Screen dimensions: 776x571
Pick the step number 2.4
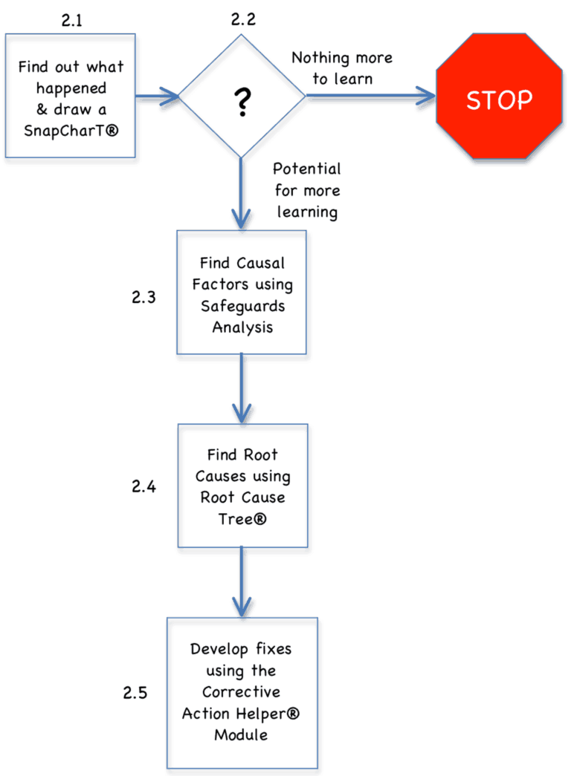pos(143,487)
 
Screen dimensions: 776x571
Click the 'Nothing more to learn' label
pos(341,68)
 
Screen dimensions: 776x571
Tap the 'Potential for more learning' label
pos(307,190)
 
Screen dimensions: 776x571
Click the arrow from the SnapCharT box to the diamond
pos(158,96)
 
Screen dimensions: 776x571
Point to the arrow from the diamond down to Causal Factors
pos(241,193)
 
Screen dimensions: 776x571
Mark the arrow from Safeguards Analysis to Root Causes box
pos(242,389)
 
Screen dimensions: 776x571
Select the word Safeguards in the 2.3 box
pos(242,306)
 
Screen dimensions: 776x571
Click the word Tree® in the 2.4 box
pos(242,519)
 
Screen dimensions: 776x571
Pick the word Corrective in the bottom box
pos(241,691)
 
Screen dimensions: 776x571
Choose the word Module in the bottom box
pos(241,735)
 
